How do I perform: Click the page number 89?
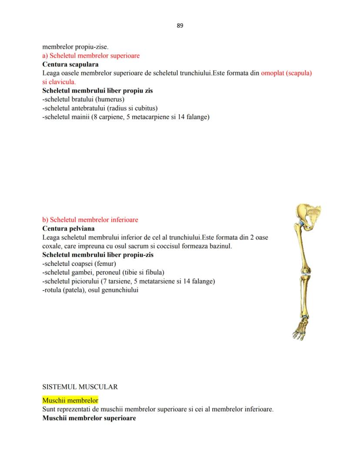(180, 26)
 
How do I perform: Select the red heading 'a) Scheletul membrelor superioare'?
(91, 56)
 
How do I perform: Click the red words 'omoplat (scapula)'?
(287, 73)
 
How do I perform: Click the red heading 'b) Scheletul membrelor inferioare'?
(90, 220)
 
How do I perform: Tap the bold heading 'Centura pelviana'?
(68, 228)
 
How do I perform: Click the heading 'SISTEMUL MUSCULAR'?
(80, 386)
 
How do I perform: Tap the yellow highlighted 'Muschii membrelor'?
(70, 400)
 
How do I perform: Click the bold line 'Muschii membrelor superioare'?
(89, 418)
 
